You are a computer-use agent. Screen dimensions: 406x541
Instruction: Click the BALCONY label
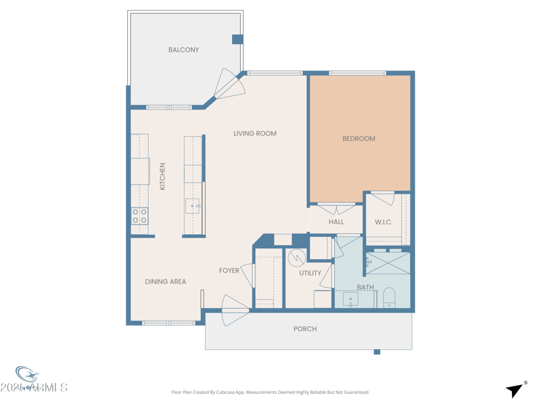point(183,50)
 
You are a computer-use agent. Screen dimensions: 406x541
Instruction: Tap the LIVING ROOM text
point(255,133)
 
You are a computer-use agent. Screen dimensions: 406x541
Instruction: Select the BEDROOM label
point(358,139)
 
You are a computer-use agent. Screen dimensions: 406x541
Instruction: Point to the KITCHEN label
point(162,176)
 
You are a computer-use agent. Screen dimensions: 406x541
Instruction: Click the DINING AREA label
point(165,281)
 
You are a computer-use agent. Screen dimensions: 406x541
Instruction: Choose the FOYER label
point(229,271)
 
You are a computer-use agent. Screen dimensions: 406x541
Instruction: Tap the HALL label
point(336,221)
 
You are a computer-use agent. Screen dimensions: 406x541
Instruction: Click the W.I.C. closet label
point(384,222)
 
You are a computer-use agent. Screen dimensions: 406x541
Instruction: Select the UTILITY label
point(310,273)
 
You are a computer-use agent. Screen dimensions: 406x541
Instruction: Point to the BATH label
point(365,288)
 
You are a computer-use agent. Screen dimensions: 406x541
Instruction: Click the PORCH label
point(305,329)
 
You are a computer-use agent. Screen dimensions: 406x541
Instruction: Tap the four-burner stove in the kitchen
point(139,216)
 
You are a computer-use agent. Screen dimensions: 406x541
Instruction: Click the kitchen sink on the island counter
point(193,206)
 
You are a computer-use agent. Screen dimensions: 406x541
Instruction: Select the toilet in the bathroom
point(389,298)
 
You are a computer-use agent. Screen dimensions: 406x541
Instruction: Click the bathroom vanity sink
point(350,299)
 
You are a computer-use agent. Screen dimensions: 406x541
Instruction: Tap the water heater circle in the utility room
point(296,258)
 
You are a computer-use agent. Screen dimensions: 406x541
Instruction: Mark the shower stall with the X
point(388,263)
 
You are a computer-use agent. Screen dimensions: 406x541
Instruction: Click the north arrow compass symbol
point(516,389)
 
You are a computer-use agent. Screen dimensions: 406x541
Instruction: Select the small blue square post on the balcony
point(237,39)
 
